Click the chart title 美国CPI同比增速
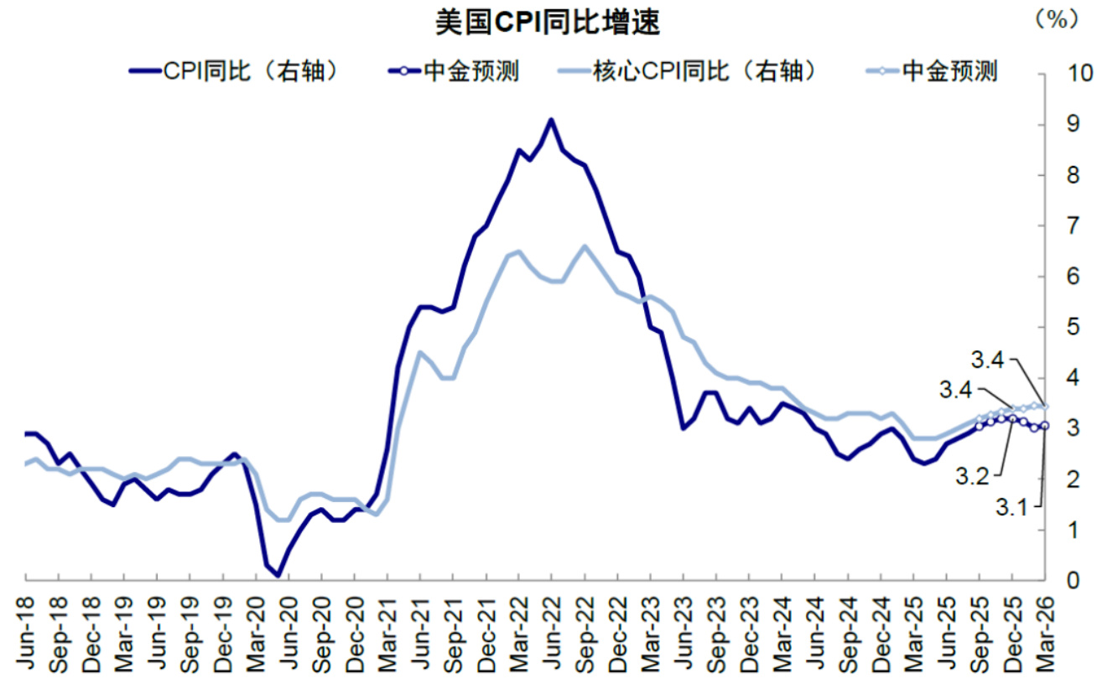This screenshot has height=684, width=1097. pos(548,23)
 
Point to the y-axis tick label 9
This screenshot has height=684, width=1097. pos(1065,125)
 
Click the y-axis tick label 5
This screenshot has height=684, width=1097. pos(1065,328)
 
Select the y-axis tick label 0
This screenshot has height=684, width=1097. pos(1065,581)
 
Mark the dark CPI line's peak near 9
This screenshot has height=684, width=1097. pos(551,120)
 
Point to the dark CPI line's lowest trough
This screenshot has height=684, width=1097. pos(278,575)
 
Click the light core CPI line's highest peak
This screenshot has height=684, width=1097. pos(585,246)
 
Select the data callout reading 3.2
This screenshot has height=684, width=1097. pos(973,475)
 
